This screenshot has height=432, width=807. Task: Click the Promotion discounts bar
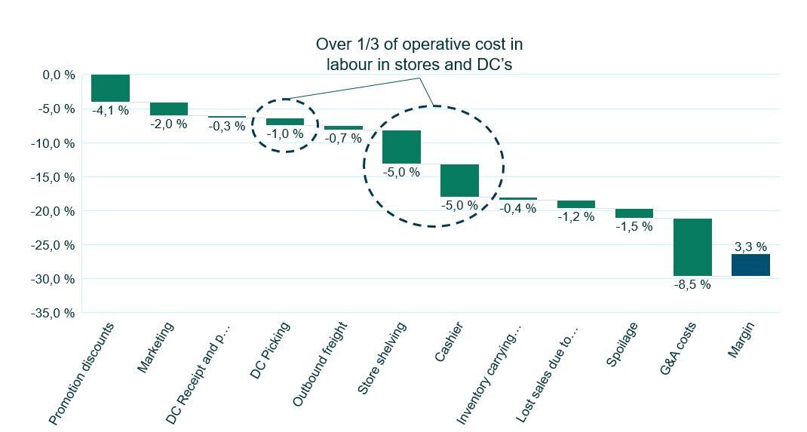[x=110, y=88]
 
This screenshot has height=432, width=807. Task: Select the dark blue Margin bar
[x=750, y=265]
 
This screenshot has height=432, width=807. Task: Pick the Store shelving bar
[x=401, y=146]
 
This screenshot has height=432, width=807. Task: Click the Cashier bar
[x=459, y=180]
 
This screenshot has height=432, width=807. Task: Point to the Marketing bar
[x=168, y=109]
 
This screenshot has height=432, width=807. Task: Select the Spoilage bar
[x=634, y=213]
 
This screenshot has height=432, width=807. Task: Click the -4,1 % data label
[x=110, y=110]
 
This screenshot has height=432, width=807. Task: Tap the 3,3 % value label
[x=750, y=247]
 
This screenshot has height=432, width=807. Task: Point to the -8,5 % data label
[x=692, y=285]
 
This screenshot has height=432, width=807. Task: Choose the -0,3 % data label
[x=226, y=126]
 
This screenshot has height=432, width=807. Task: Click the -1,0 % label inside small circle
[x=285, y=133]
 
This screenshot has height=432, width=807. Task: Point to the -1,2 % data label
[x=576, y=217]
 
